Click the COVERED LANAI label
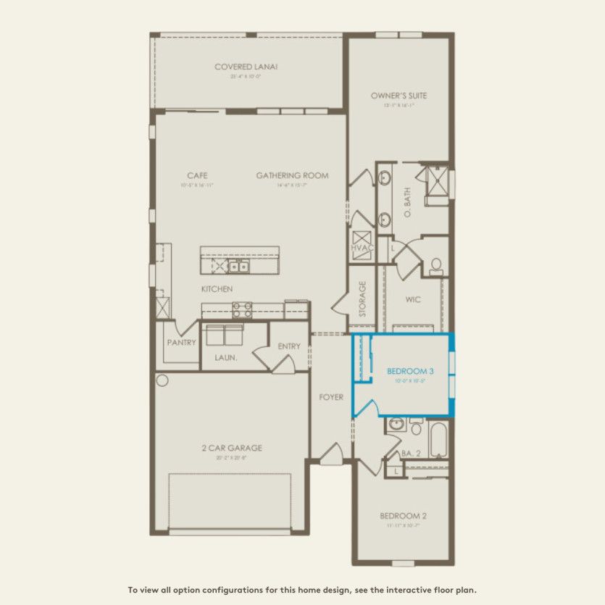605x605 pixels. coord(246,67)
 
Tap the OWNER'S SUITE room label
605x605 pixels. coord(399,96)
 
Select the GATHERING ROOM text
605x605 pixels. coord(292,175)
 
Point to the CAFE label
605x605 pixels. coord(197,175)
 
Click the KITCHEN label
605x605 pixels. coord(217,289)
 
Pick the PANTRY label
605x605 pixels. coord(181,343)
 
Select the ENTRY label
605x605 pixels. coord(288,346)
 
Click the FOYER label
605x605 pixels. coord(331,397)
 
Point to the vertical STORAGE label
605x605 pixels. coord(362,299)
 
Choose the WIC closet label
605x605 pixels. coord(413,299)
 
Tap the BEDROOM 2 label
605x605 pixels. coord(403,516)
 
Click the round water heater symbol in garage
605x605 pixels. coord(162,380)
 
